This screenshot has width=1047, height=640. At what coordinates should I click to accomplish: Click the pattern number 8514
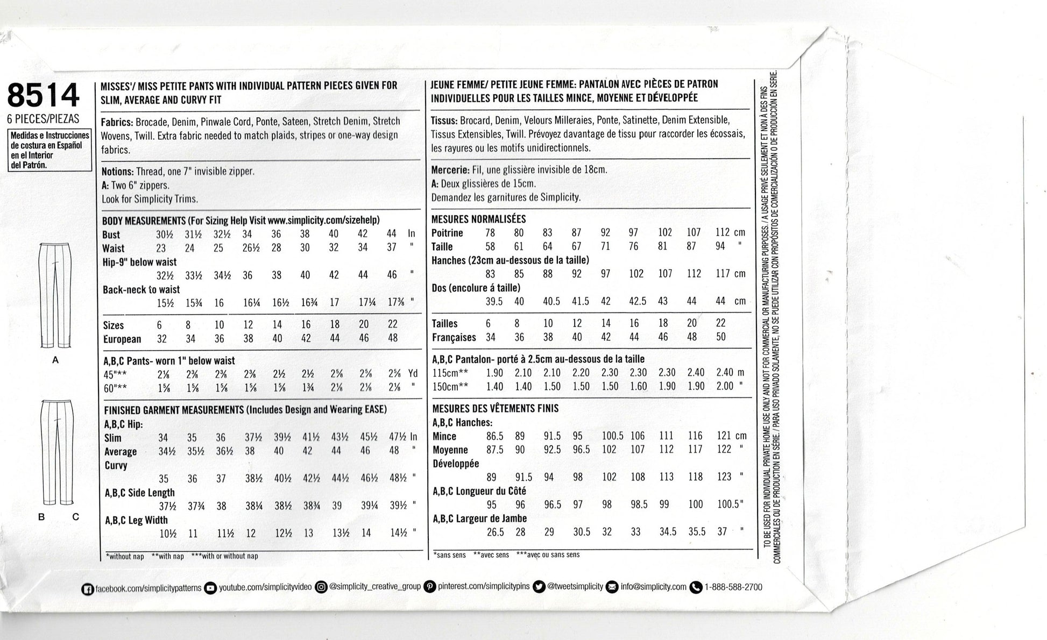click(x=44, y=96)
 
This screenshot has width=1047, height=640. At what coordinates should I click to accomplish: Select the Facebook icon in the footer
click(x=87, y=589)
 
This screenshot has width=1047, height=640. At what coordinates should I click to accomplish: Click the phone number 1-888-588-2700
click(x=733, y=587)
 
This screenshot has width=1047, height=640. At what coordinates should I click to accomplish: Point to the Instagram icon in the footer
click(x=321, y=587)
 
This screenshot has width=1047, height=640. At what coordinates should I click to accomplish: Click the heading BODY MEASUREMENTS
click(x=144, y=221)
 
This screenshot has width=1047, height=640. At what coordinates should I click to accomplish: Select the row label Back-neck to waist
click(x=141, y=289)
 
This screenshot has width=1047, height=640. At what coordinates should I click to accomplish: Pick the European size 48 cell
click(x=393, y=338)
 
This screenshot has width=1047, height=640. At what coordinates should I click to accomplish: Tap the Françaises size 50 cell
click(x=721, y=337)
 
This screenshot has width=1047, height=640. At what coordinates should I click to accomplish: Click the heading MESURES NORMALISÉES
click(x=478, y=219)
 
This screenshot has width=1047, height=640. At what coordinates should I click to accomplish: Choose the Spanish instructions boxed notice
click(x=49, y=150)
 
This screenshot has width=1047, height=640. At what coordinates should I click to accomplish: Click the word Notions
click(x=117, y=172)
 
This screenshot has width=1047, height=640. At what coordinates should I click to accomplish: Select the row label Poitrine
click(x=447, y=233)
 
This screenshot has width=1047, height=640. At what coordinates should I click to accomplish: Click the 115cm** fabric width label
click(x=450, y=373)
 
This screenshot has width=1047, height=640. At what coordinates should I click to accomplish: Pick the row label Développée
click(x=455, y=464)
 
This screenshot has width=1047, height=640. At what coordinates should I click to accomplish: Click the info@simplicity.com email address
click(x=653, y=587)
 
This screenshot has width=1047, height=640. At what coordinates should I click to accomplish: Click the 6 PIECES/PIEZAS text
click(x=44, y=119)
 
